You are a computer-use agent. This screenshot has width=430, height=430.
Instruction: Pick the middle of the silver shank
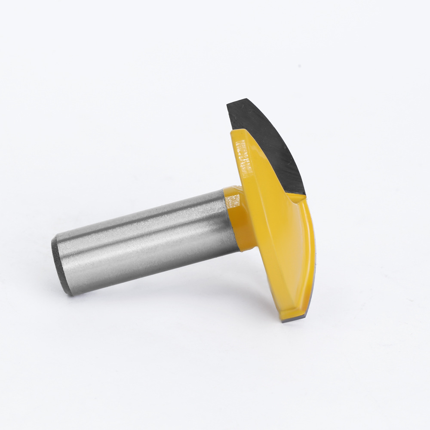[x=146, y=241]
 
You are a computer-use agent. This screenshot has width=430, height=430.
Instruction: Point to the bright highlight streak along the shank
[x=142, y=224]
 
